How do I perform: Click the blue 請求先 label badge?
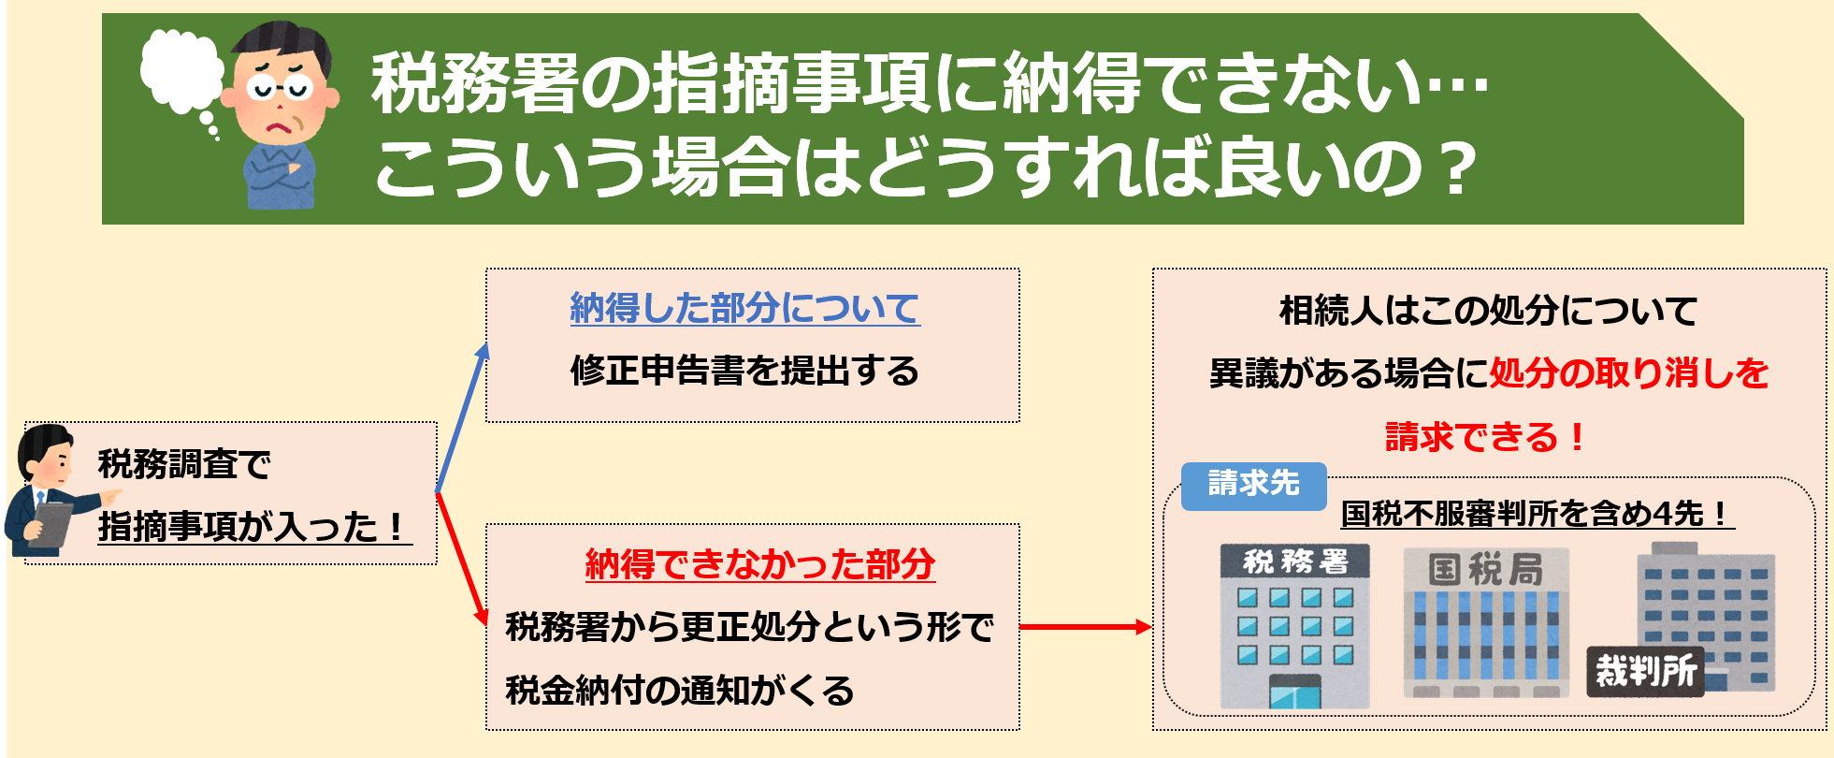pos(1253,486)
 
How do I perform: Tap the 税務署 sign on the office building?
pos(1295,561)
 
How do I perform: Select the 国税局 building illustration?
pos(1486,622)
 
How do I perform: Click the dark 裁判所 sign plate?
pos(1645,671)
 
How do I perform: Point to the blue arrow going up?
pos(462,417)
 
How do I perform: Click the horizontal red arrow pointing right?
pos(1085,627)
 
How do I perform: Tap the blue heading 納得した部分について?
pos(745,308)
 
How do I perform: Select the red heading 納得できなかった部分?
pos(760,564)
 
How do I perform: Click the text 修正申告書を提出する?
pos(744,371)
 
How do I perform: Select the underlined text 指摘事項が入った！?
pos(255,526)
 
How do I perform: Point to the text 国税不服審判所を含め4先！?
pos(1538,513)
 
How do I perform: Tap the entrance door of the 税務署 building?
pos(1295,692)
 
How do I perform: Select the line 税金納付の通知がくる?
pos(680,691)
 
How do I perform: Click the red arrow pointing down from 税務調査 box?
pos(462,560)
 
